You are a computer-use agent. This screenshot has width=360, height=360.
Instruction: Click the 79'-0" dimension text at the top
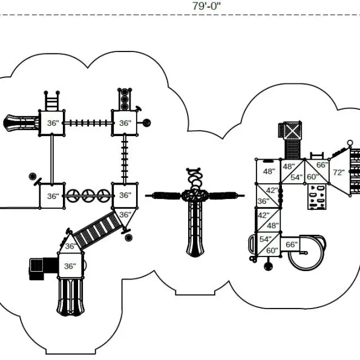206,6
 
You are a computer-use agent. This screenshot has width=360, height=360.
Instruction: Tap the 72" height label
339,172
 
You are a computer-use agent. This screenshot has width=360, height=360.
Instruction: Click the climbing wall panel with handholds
317,197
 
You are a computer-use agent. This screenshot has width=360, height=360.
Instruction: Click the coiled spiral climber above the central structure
194,179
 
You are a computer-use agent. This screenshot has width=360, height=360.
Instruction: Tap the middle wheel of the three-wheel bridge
88,196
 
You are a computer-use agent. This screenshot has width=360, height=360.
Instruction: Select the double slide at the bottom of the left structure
70,296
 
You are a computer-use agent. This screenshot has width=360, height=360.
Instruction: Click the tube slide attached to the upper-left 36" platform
21,123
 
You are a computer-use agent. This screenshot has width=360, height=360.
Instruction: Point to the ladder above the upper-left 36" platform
51,101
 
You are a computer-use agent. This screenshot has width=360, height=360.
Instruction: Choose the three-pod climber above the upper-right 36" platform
125,99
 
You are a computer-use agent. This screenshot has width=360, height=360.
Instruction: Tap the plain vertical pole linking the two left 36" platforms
52,159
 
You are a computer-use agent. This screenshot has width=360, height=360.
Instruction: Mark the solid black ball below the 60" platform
268,266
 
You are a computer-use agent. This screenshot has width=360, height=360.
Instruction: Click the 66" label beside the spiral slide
292,244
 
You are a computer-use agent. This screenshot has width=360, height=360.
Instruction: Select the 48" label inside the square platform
269,171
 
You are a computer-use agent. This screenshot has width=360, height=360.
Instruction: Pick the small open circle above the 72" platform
350,143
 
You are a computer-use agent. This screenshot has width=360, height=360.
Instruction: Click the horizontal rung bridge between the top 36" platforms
88,123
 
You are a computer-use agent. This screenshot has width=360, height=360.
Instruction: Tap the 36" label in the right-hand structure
263,201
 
